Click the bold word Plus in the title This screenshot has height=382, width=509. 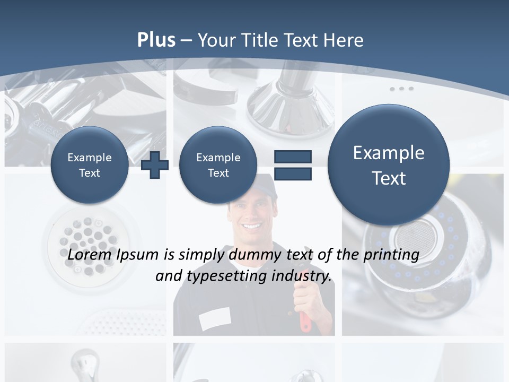point(156,40)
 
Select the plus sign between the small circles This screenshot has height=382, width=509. point(155,164)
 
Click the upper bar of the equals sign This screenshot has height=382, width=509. point(293,157)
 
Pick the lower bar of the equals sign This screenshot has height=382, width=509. point(293,173)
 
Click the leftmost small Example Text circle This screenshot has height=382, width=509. point(90,164)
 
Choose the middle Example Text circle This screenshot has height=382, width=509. point(218,164)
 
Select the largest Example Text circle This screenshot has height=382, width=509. point(389,165)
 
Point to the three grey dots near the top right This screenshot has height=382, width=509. point(401,89)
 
